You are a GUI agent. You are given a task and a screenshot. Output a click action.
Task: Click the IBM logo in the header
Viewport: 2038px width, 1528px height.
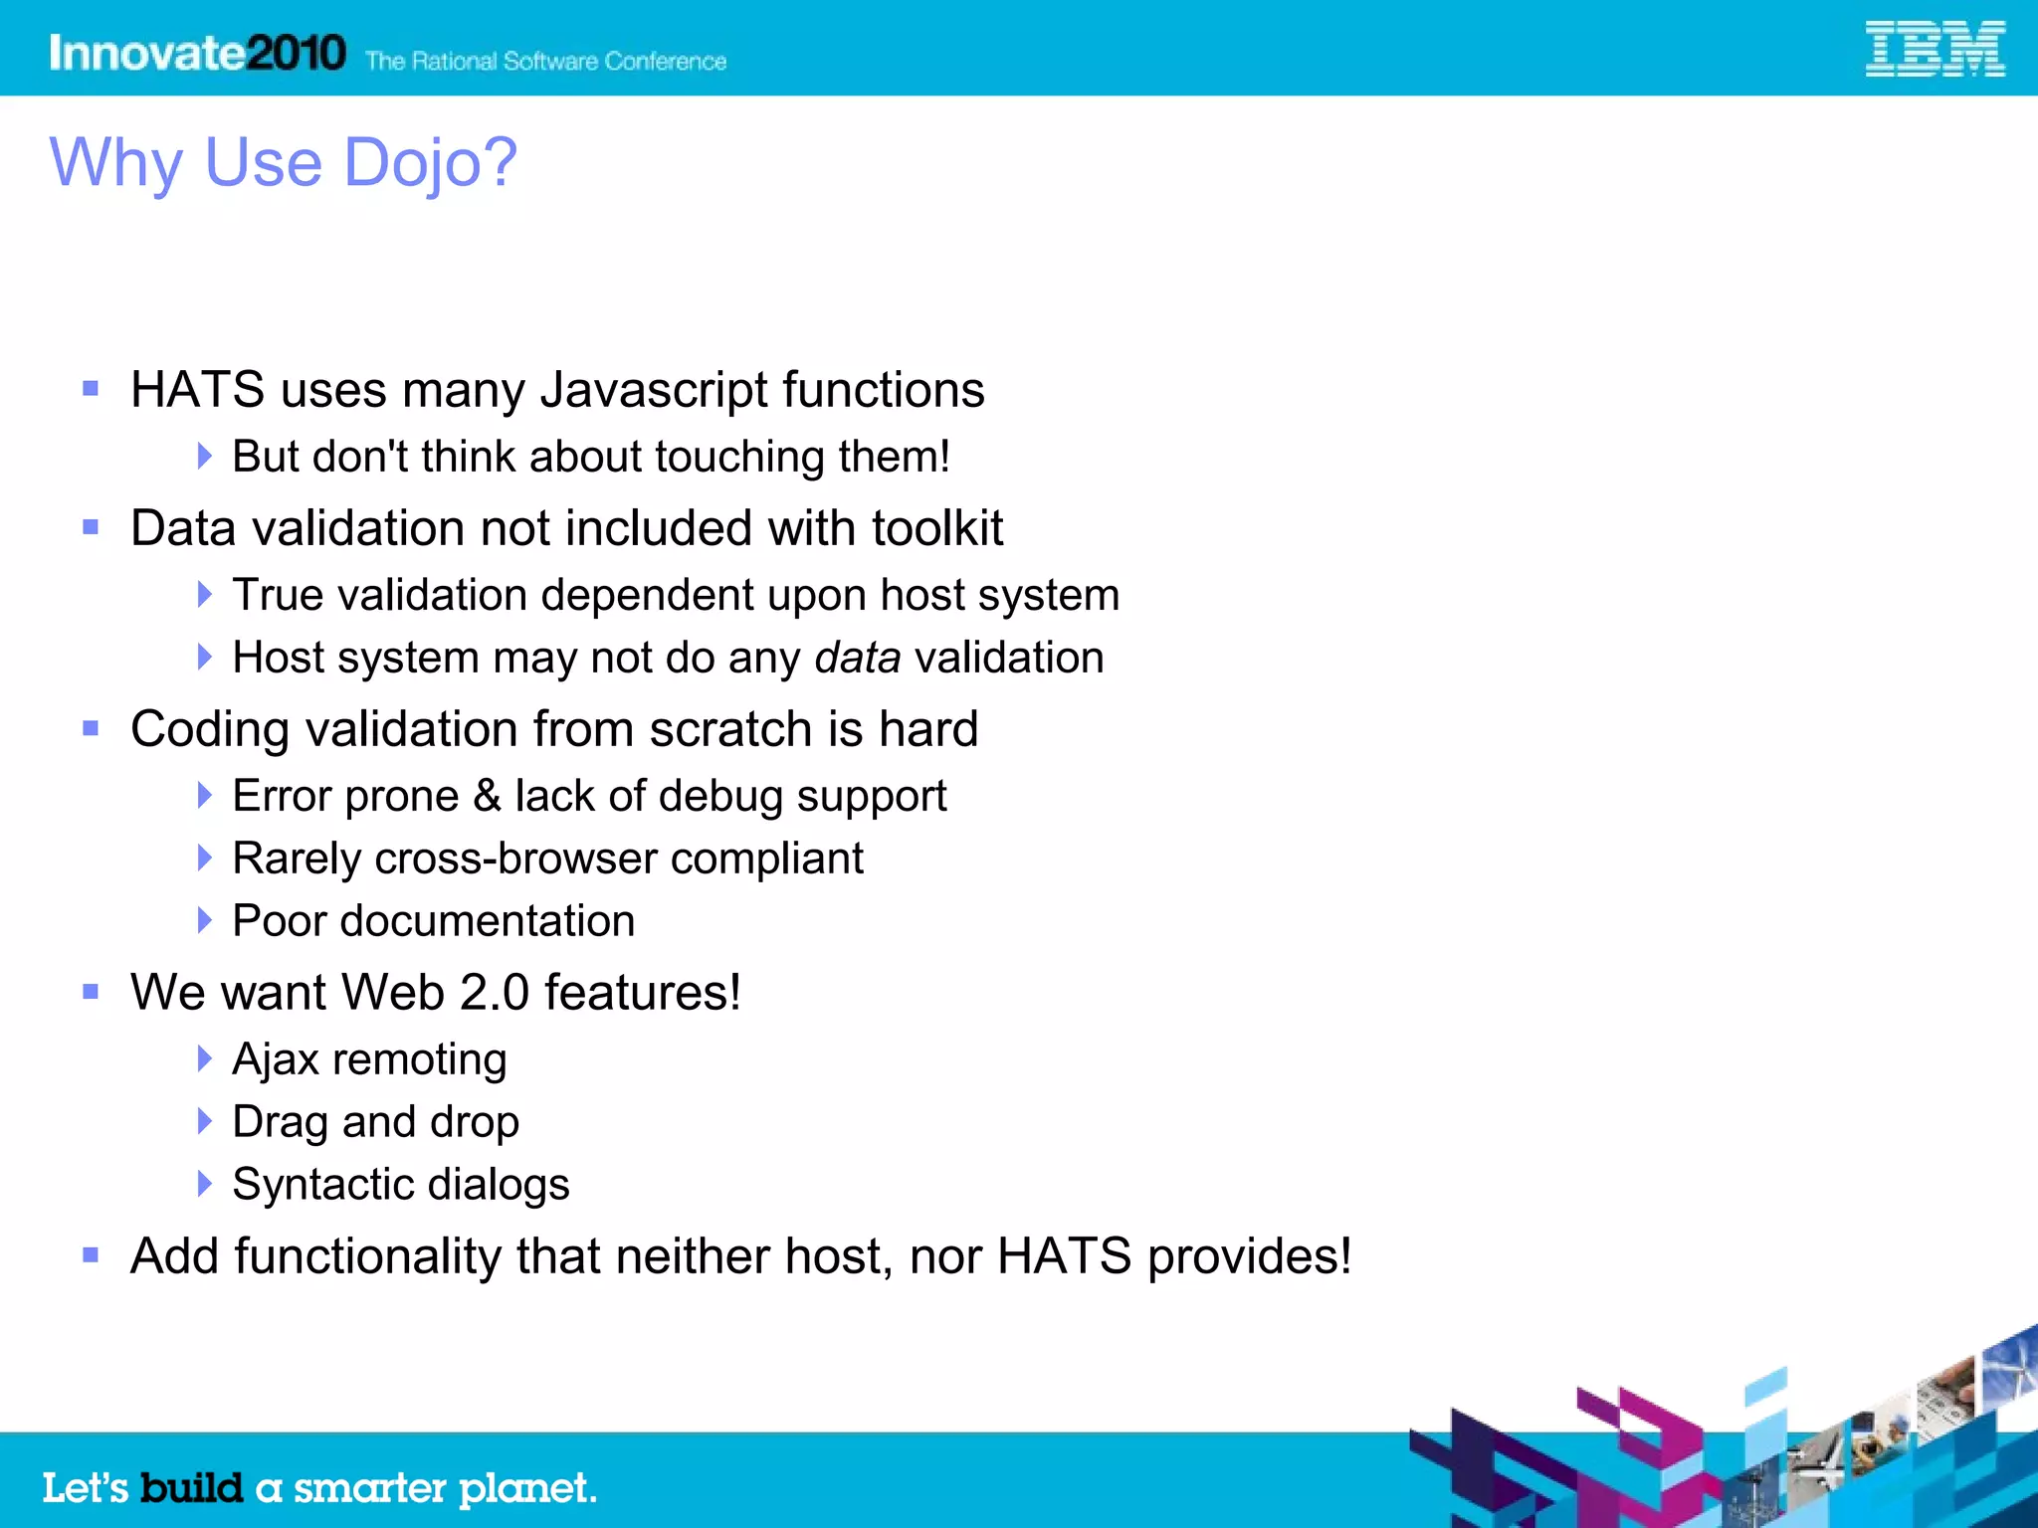coord(1934,50)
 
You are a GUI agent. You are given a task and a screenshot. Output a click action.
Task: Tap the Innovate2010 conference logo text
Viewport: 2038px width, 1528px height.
coord(197,53)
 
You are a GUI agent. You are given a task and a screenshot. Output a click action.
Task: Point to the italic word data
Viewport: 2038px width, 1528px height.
coord(857,658)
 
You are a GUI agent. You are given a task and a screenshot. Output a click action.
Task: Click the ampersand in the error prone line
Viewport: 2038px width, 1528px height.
coord(487,795)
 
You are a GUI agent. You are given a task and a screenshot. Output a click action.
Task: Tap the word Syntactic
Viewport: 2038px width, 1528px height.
coord(324,1184)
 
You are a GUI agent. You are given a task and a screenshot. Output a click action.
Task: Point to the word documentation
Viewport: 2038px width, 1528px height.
coord(487,921)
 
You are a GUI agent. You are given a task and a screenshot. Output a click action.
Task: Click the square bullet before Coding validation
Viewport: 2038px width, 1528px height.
coord(91,729)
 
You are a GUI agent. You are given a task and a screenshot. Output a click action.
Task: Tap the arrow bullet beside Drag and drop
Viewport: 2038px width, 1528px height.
coord(205,1121)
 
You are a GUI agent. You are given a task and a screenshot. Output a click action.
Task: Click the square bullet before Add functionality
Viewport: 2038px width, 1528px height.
coord(91,1255)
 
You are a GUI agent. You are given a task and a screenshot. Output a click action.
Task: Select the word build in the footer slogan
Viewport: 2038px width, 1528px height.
coord(191,1488)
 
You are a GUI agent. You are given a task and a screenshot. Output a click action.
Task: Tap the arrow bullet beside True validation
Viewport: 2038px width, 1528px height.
coord(205,595)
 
